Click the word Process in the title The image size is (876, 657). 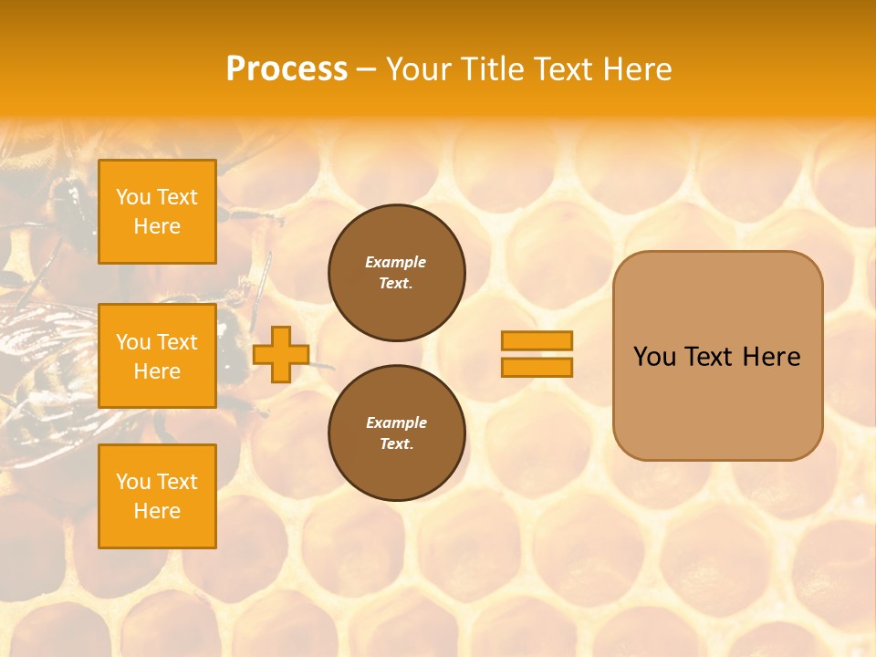tap(287, 69)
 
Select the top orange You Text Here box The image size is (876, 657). tap(157, 212)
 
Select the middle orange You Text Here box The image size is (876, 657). tap(157, 356)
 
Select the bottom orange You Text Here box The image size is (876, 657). tap(157, 495)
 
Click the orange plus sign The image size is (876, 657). tap(280, 354)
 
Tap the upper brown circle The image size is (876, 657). tap(396, 273)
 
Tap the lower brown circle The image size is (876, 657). tap(396, 433)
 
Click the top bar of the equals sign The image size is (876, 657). tap(537, 340)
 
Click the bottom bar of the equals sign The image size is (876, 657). tap(537, 367)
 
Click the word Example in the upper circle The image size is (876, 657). tap(396, 262)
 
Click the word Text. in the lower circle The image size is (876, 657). tap(396, 444)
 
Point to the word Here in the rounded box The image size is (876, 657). tap(771, 357)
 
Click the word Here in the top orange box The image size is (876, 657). tap(157, 226)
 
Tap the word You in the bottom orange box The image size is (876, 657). tap(132, 482)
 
